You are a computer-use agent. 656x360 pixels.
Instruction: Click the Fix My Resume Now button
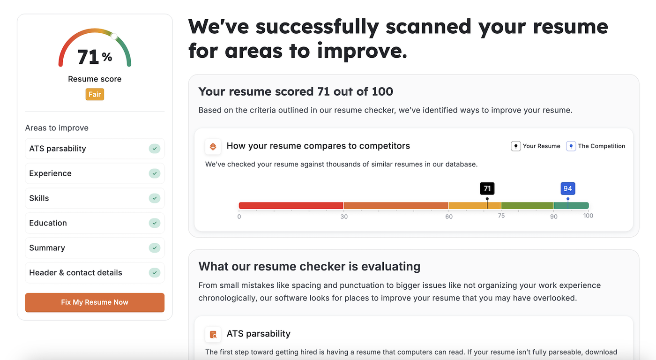click(x=95, y=302)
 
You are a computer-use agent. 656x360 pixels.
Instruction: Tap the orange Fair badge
click(x=95, y=94)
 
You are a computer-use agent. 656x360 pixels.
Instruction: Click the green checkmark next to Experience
click(x=155, y=173)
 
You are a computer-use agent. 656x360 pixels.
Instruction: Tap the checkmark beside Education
click(x=155, y=223)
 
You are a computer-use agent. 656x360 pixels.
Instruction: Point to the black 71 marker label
click(x=487, y=188)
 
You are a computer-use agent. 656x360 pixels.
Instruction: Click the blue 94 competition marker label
click(x=567, y=188)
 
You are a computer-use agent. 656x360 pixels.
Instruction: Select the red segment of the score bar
click(x=291, y=205)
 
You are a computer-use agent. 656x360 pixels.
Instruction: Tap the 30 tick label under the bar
click(x=344, y=217)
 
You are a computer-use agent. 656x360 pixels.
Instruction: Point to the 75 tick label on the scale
click(x=501, y=216)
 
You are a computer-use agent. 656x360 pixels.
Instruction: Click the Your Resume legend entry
click(x=536, y=146)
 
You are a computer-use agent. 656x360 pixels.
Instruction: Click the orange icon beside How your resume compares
click(x=213, y=147)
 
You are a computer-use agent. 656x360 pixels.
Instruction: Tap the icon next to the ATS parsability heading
click(x=213, y=334)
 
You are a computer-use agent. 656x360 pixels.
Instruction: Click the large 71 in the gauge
click(x=89, y=57)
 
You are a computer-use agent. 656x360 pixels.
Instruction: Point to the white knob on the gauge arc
click(x=114, y=36)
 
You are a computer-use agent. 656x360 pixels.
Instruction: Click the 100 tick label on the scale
click(x=588, y=216)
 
